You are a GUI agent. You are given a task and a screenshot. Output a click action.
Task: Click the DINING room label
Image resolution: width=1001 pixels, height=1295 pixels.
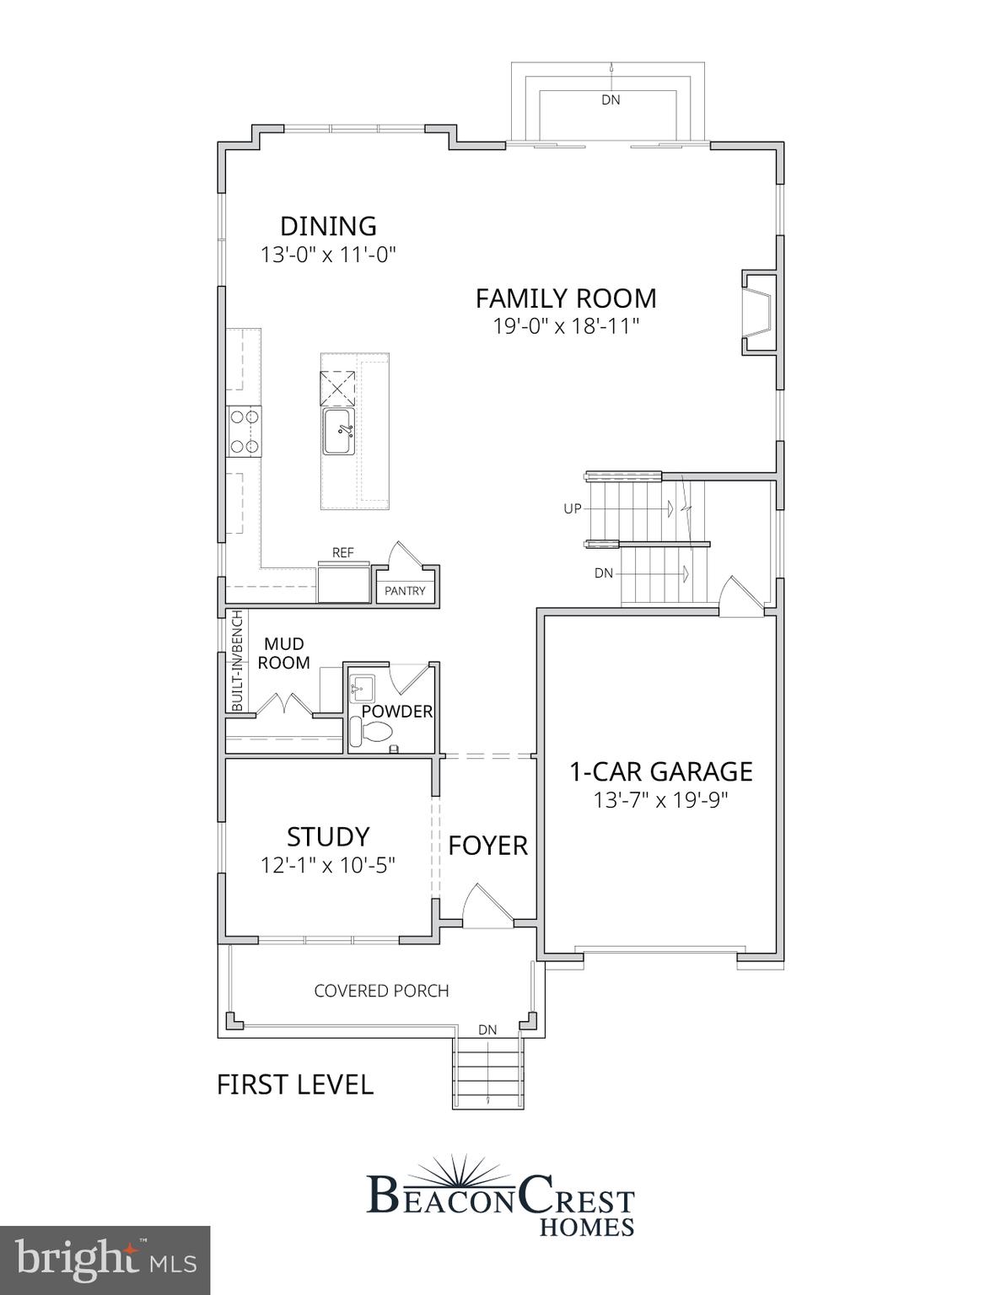point(328,226)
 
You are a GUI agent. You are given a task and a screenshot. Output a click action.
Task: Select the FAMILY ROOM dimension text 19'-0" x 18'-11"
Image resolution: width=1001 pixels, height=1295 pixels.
point(566,326)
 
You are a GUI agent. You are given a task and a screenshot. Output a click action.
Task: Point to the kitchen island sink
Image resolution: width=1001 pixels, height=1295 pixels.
point(338,431)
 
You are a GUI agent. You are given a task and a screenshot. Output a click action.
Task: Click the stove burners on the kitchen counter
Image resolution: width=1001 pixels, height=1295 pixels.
point(244,431)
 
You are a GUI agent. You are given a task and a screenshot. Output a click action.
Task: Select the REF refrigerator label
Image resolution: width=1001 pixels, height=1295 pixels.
point(342,553)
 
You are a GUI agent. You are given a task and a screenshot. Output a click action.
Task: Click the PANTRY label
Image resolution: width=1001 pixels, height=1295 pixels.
point(405,591)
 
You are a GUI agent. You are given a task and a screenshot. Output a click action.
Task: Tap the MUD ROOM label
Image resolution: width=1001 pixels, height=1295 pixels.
point(283,653)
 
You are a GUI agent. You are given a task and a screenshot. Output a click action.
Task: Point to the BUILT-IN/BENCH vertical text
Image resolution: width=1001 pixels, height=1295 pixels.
point(237,660)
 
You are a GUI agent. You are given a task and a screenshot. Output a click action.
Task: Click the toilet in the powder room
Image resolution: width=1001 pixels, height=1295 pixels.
point(369,732)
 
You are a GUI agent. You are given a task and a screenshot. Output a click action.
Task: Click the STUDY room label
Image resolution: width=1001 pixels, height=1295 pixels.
point(328,836)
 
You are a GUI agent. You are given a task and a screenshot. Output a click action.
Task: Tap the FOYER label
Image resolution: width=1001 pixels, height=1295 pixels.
point(487,846)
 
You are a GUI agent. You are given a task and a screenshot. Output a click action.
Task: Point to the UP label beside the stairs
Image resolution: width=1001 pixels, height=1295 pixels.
point(573,508)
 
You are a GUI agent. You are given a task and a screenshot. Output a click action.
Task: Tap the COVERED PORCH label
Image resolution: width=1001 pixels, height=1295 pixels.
point(381,991)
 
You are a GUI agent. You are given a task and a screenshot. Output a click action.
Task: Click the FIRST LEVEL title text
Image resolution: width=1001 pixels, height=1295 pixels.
point(295,1084)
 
